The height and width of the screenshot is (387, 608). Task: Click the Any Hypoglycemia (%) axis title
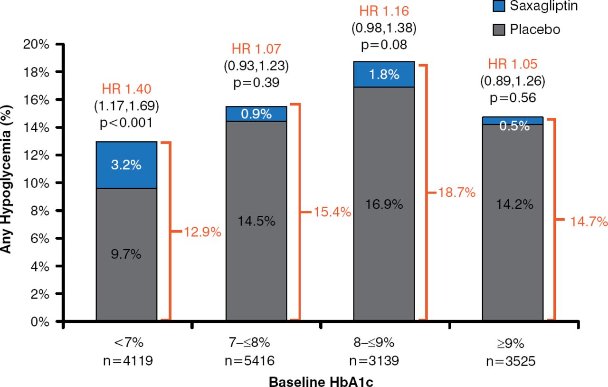coord(6,183)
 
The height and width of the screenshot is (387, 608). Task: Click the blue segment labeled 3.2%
coord(126,165)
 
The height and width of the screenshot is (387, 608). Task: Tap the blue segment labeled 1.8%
coord(384,74)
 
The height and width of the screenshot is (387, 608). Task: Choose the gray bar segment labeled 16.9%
coord(384,204)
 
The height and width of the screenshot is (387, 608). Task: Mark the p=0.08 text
coord(384,45)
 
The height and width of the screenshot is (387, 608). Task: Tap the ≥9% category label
coord(513,343)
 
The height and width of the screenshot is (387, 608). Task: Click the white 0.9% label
coord(256,114)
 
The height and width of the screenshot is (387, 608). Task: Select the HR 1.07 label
coord(256,48)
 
